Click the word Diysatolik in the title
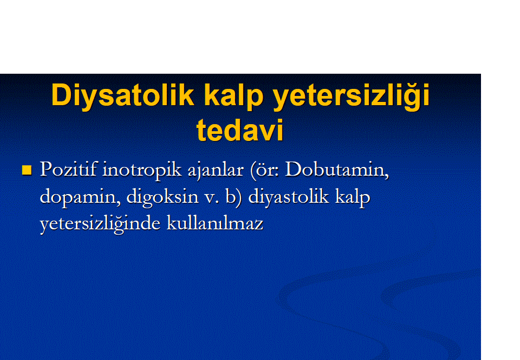tap(123, 96)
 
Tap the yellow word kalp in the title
tap(234, 96)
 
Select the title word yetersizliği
tap(351, 96)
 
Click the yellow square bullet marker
tap(27, 170)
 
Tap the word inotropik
tap(142, 170)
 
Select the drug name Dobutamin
tap(335, 169)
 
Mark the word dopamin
tap(77, 197)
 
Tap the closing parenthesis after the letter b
tap(239, 197)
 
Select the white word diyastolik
tap(289, 197)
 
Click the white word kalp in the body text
tap(353, 197)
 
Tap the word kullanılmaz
tap(215, 223)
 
